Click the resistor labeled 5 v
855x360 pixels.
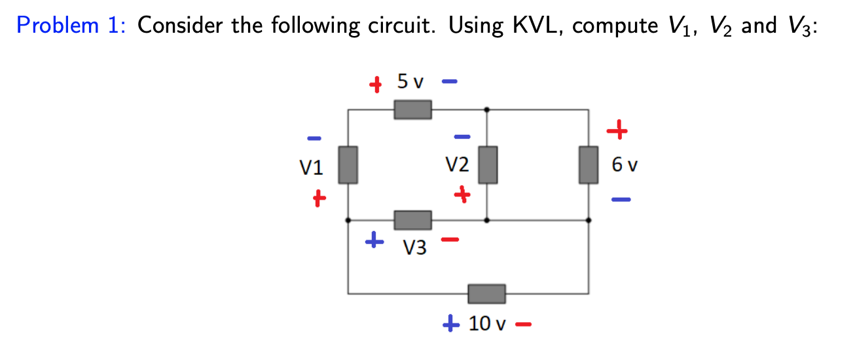click(x=412, y=109)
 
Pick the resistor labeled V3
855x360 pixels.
click(x=412, y=221)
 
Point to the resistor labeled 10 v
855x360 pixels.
click(x=486, y=294)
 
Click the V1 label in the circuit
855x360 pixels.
click(x=312, y=168)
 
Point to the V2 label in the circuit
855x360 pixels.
click(x=456, y=164)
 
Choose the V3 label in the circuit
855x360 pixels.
click(x=415, y=248)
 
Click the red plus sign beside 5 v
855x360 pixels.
click(x=375, y=84)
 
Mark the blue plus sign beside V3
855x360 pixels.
click(x=374, y=241)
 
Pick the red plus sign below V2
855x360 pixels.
click(x=463, y=194)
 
